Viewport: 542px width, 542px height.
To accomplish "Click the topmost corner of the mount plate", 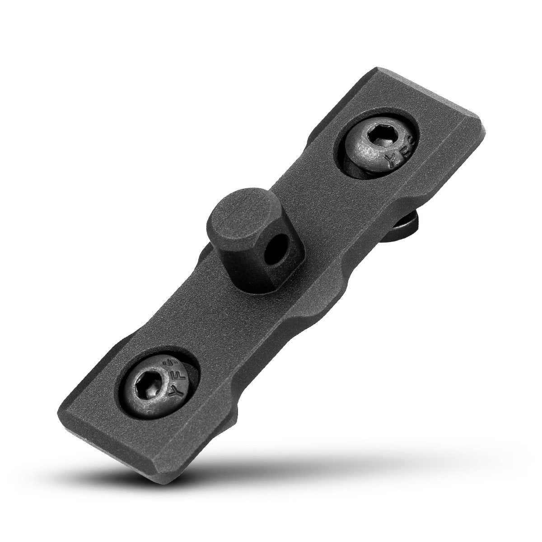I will pos(375,69).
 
